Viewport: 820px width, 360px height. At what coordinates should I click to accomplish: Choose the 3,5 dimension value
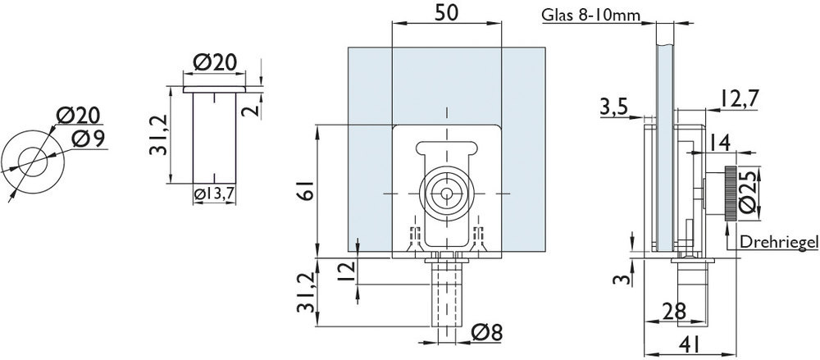[615, 106]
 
